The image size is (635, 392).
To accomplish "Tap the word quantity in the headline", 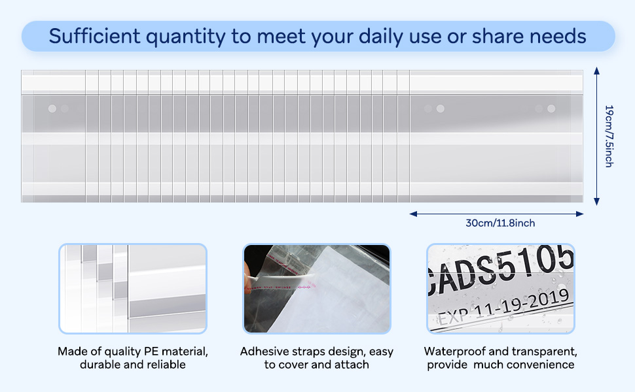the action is click(x=185, y=37).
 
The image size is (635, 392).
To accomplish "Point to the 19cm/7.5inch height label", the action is click(x=609, y=136).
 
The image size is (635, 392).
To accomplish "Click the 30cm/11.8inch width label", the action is click(x=500, y=223).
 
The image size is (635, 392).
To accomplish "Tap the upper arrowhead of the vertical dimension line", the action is click(x=596, y=71).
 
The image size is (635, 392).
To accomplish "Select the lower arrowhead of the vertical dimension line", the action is click(x=596, y=202).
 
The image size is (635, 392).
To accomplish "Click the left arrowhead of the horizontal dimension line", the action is click(x=413, y=214).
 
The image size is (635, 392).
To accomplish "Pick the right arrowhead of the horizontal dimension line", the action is click(x=580, y=214).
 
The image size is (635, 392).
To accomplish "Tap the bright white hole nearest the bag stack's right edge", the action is click(x=551, y=108).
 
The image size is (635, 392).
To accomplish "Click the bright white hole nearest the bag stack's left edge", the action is click(x=52, y=108).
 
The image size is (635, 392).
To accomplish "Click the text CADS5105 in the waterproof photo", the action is click(x=501, y=269).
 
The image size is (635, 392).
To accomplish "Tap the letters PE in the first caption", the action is click(x=151, y=351).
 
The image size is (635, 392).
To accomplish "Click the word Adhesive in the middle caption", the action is click(x=264, y=351).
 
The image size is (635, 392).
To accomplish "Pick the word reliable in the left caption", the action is click(x=167, y=365).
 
